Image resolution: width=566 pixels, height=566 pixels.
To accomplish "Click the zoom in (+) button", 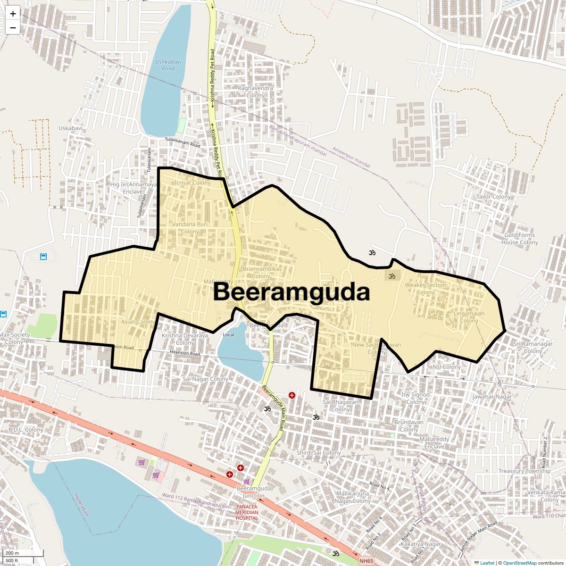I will pyautogui.click(x=13, y=14).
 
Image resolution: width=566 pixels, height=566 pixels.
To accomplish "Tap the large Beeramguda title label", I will pyautogui.click(x=291, y=292).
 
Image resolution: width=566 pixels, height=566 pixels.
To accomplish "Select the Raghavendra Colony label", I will pyautogui.click(x=255, y=92).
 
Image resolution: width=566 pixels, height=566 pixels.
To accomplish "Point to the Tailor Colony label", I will pyautogui.click(x=493, y=197).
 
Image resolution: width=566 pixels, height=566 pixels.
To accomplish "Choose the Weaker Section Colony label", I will pyautogui.click(x=425, y=288).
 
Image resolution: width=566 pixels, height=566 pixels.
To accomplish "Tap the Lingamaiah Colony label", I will pyautogui.click(x=469, y=317).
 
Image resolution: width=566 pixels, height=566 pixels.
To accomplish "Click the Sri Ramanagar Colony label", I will pyautogui.click(x=533, y=347).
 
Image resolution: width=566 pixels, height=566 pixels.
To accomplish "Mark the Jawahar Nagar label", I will pyautogui.click(x=492, y=397).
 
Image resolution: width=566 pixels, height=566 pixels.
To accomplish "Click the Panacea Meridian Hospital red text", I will pyautogui.click(x=247, y=513).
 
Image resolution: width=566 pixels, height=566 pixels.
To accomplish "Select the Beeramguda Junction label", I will pyautogui.click(x=254, y=492).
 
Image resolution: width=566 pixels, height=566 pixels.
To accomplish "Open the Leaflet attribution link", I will pyautogui.click(x=487, y=563).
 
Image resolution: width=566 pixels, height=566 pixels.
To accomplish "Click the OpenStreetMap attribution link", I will pyautogui.click(x=519, y=563).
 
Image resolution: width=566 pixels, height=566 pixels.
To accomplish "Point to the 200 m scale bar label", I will pyautogui.click(x=13, y=553).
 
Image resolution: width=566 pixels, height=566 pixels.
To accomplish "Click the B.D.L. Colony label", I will pyautogui.click(x=25, y=430).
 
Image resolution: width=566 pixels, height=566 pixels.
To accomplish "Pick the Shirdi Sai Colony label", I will pyautogui.click(x=318, y=453).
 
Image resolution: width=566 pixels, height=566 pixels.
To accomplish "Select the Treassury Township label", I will pyautogui.click(x=524, y=471).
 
